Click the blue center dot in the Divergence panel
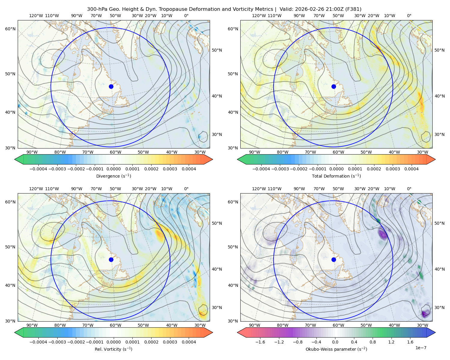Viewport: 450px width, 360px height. point(111,87)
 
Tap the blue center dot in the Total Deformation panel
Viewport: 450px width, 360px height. point(334,87)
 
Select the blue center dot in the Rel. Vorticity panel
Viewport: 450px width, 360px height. point(111,259)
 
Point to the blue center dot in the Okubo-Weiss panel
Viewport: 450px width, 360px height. point(334,259)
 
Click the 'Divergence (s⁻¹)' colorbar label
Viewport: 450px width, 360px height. point(113,176)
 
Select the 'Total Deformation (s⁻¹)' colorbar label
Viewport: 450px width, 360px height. point(336,176)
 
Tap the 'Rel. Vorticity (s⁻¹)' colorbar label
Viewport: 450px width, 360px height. point(113,349)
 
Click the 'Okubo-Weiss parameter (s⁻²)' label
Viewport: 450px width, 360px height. point(336,349)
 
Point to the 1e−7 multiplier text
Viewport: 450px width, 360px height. point(421,348)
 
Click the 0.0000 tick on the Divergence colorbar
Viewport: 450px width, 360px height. point(113,169)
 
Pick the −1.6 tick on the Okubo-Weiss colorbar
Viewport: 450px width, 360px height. point(260,342)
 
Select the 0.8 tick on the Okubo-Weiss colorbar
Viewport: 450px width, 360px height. point(373,342)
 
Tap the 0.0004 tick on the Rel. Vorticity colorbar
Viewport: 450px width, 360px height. point(189,342)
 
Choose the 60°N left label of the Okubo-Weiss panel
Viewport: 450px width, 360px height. point(233,202)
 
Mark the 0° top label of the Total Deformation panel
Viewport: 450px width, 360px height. point(409,16)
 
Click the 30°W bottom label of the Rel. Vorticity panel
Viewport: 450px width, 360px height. point(200,325)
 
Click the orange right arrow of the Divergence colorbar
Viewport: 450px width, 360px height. point(208,159)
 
